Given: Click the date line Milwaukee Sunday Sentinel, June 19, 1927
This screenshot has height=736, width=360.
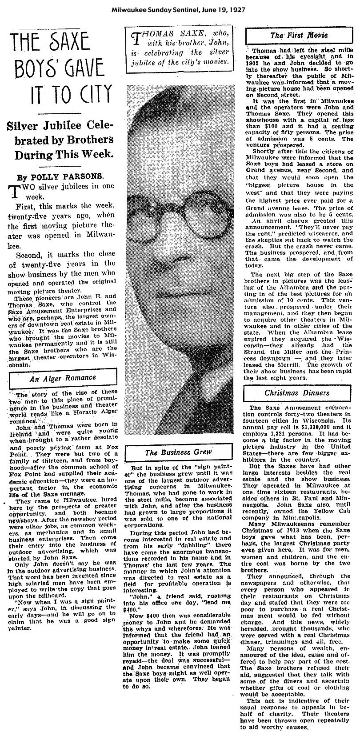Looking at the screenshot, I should (180, 9).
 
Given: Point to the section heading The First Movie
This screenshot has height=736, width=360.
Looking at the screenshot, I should (299, 35).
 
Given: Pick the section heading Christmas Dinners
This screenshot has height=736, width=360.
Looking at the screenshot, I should (296, 393).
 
